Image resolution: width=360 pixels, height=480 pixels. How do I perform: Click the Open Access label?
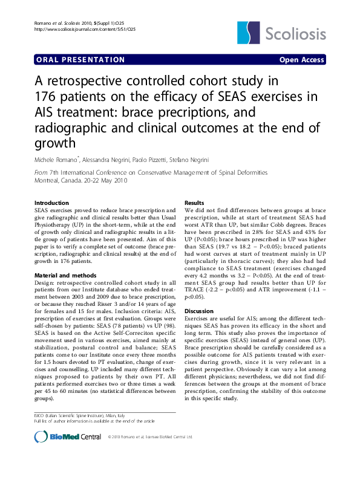pos(301,60)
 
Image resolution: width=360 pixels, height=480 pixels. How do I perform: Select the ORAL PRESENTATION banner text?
pos(80,60)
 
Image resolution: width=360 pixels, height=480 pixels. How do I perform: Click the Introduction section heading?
pos(51,203)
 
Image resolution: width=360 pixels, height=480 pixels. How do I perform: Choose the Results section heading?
pos(194,203)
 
